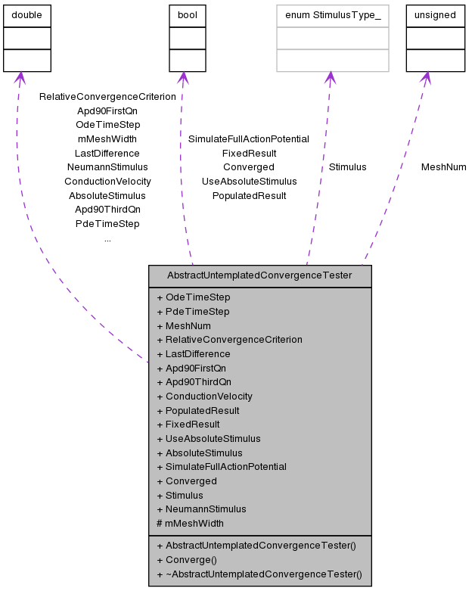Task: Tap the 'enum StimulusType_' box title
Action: (x=332, y=15)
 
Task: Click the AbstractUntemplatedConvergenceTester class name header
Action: (x=259, y=275)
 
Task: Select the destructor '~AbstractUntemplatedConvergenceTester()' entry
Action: (x=259, y=574)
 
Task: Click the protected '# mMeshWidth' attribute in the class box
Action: (x=190, y=523)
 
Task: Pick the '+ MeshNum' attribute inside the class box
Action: (x=184, y=325)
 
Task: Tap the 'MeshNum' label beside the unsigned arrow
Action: (x=443, y=167)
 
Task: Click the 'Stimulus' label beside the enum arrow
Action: (x=347, y=167)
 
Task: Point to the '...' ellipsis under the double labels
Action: (x=107, y=238)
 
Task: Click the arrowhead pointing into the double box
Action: (x=20, y=78)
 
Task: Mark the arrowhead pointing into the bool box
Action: (x=182, y=78)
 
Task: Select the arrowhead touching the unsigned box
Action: (x=426, y=78)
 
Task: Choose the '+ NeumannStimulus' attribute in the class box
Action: (x=201, y=509)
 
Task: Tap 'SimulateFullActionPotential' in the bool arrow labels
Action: (x=249, y=139)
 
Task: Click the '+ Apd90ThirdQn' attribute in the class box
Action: (x=194, y=382)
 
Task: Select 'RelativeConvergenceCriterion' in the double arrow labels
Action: (x=107, y=97)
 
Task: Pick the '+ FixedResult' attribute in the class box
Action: (x=188, y=425)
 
